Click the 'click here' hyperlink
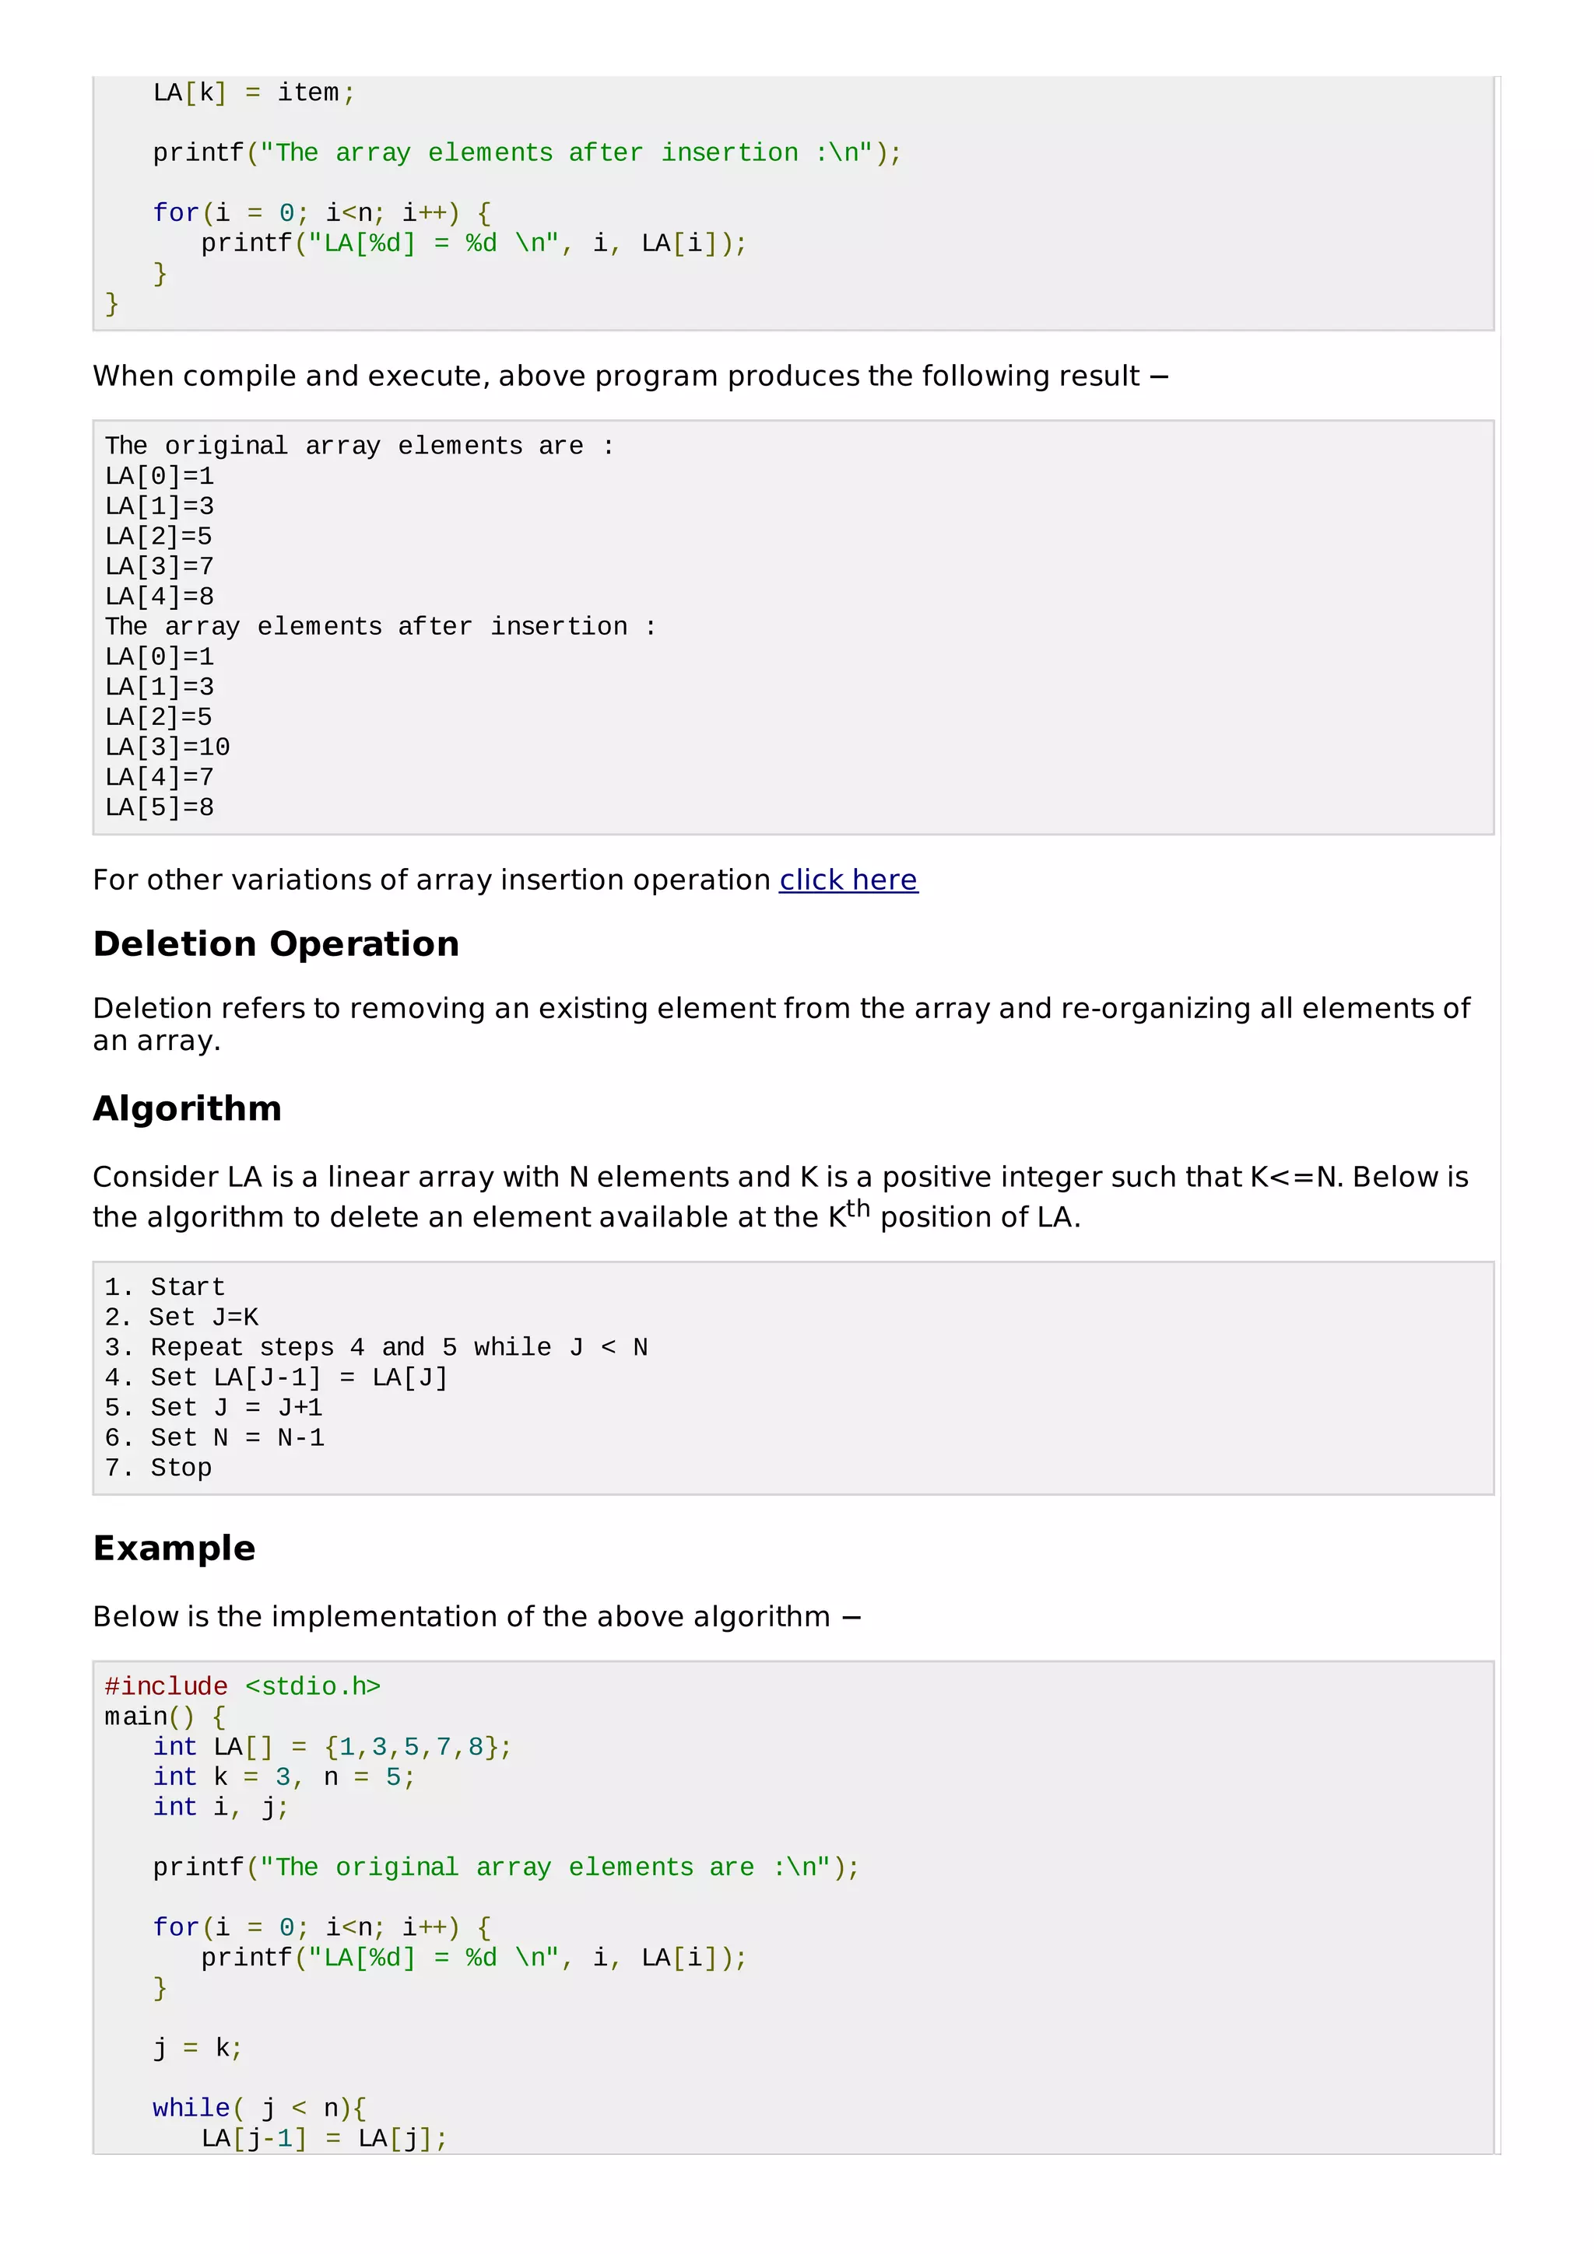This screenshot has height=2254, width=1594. [x=848, y=880]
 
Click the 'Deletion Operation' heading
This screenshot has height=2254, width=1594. [x=276, y=943]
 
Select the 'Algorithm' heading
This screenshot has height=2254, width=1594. [x=187, y=1108]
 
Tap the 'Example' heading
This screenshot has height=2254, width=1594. [x=174, y=1548]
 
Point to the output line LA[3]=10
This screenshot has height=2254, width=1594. [x=167, y=747]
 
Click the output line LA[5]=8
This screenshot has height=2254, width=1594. [x=159, y=807]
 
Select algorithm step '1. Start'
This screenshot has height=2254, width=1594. [x=165, y=1287]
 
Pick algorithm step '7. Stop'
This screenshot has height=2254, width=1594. [x=158, y=1468]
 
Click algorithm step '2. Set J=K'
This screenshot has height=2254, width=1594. [x=181, y=1318]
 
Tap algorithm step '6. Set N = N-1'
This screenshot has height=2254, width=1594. [x=214, y=1437]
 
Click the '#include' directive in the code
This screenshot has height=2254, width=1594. [x=166, y=1686]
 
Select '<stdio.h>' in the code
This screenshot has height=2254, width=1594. [x=312, y=1686]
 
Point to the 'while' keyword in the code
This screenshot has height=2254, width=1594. [x=191, y=2108]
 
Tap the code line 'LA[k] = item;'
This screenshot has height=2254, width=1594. [x=254, y=93]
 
